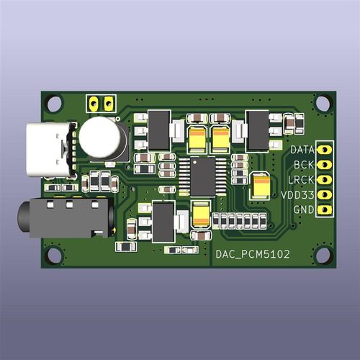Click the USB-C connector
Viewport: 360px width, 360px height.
click(x=50, y=150)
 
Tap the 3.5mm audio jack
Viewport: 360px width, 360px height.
click(x=65, y=218)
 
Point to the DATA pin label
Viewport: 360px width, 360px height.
click(x=301, y=150)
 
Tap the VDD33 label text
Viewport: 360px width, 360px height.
click(x=297, y=195)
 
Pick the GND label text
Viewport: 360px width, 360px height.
click(x=303, y=210)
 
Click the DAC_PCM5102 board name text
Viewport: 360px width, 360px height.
click(x=254, y=253)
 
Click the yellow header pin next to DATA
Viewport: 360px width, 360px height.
click(x=325, y=150)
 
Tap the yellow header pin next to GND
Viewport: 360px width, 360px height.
click(x=325, y=210)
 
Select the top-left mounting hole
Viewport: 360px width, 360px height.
click(x=55, y=104)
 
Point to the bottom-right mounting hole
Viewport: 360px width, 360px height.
click(x=323, y=255)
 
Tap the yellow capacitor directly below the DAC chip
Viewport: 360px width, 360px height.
click(x=202, y=214)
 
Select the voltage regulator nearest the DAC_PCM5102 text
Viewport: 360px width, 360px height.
click(x=163, y=222)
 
